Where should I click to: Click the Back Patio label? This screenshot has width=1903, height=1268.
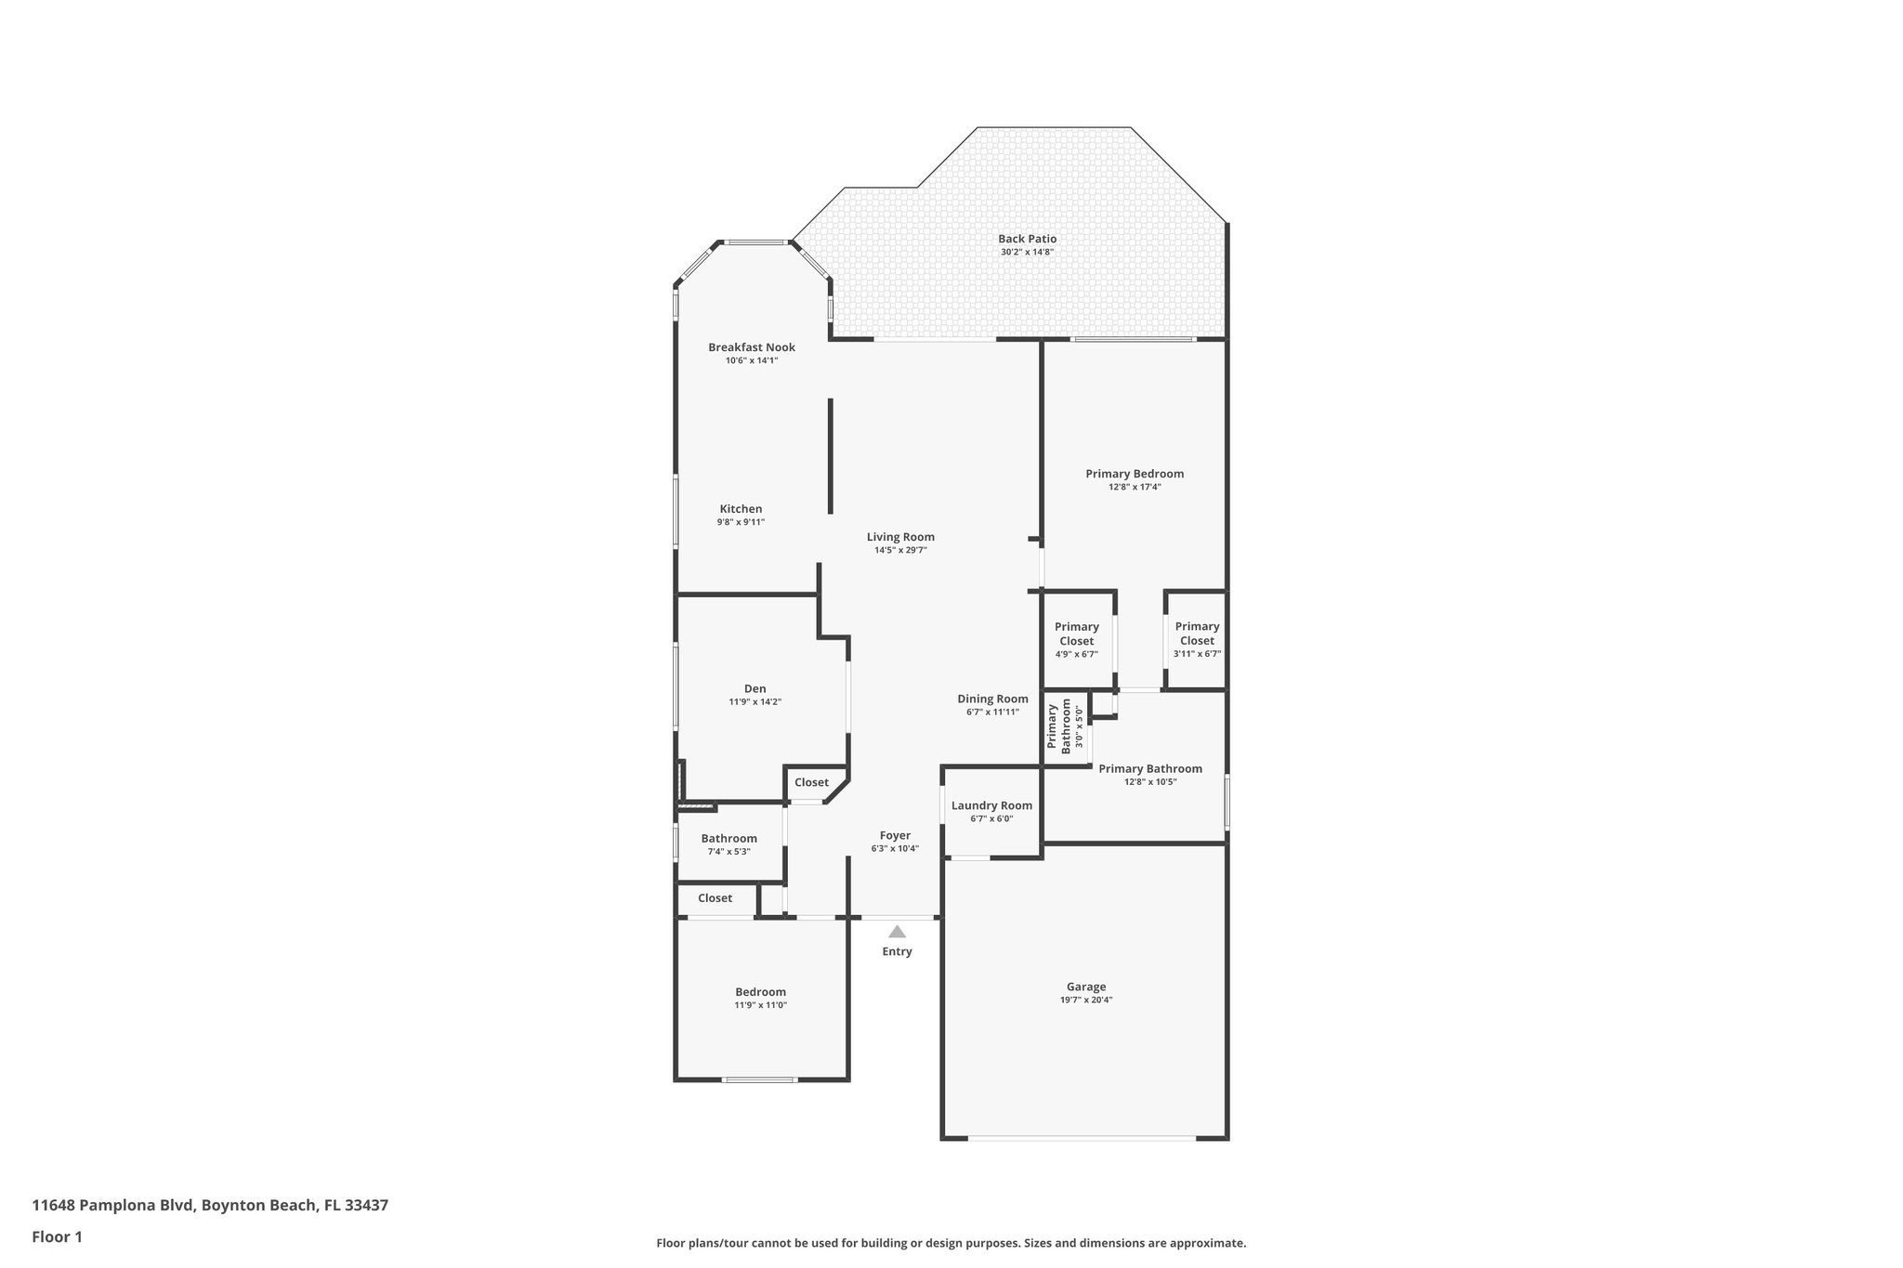coord(1027,239)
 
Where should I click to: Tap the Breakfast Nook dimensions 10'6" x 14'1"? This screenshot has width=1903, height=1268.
coord(751,360)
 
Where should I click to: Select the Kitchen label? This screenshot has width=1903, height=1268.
coord(741,509)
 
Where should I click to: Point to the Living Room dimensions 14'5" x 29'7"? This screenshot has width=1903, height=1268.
coord(900,550)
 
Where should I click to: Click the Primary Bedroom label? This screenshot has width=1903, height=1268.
coord(1135,474)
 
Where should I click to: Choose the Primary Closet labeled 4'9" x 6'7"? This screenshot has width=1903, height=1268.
coord(1076,640)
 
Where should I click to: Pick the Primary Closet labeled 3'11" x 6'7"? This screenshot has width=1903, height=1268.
coord(1197,640)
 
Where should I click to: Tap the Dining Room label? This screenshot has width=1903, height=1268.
coord(992,699)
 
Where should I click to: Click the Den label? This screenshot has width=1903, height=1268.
coord(755,688)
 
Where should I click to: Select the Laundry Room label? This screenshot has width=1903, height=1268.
coord(991,805)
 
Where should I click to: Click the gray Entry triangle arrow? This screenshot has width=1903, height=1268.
coord(897,932)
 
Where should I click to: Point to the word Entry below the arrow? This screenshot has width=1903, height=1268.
coord(897,951)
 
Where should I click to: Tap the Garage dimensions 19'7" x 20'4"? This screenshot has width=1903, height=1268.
coord(1085,1000)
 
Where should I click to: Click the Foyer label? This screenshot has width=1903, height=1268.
coord(895,835)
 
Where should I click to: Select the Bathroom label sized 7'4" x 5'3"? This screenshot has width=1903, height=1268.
coord(728,838)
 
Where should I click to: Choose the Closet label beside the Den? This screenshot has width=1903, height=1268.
coord(811,782)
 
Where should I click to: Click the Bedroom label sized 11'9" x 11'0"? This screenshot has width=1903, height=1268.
coord(760,992)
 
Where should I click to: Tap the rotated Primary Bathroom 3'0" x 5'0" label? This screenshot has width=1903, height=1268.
coord(1065,726)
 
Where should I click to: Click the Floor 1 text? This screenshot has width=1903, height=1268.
coord(58,1236)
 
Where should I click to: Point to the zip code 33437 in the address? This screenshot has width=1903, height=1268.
coord(366,1206)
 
